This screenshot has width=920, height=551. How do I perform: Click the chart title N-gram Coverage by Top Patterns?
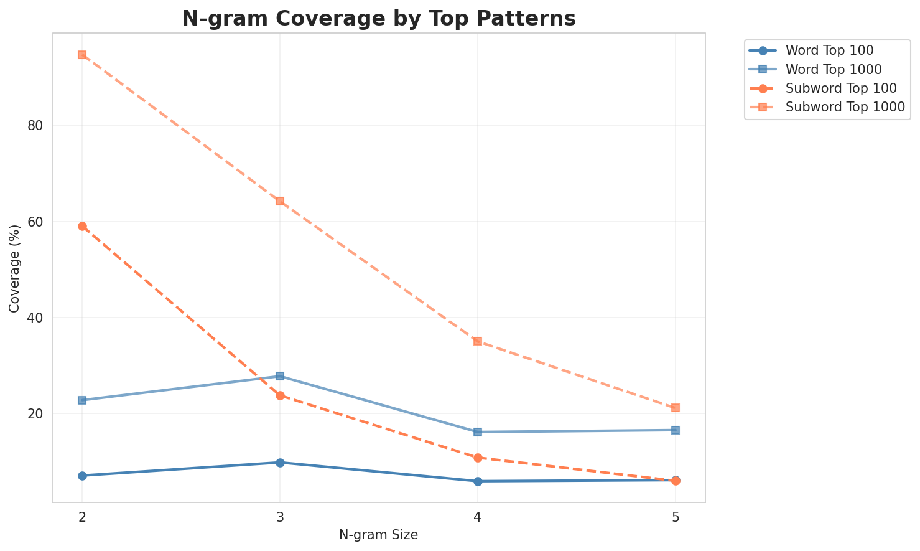point(378,19)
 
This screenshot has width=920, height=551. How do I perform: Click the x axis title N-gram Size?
point(378,535)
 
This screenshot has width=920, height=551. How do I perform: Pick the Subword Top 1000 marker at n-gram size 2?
point(82,55)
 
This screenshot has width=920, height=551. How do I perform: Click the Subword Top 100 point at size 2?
point(82,226)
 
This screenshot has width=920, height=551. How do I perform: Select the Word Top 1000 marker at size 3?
point(280,376)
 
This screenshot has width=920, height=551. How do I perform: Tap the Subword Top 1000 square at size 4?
point(478,341)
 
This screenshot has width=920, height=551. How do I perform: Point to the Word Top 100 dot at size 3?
point(280,463)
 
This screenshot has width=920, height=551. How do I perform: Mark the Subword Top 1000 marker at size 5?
point(676,408)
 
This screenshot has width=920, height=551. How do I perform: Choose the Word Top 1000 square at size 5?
point(676,430)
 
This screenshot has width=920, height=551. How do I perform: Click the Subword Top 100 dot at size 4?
point(478,458)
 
